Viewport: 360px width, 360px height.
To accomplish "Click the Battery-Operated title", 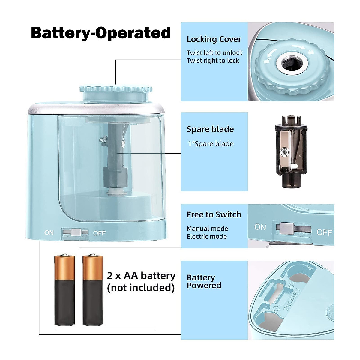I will click(x=101, y=33).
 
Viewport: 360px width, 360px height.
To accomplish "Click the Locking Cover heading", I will click(x=214, y=39).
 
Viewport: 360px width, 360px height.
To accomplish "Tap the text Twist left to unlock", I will click(x=214, y=53).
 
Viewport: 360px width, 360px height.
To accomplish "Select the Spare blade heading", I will click(x=210, y=129).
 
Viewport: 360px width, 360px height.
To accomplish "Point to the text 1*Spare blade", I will click(x=211, y=144).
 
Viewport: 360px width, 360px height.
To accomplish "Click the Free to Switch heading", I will click(x=214, y=215).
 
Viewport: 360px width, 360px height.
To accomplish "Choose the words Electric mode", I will click(x=207, y=237).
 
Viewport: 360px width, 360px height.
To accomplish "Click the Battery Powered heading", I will click(x=204, y=281).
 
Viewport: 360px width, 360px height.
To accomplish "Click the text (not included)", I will click(x=141, y=288).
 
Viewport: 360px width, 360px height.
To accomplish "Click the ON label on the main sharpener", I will click(x=49, y=233).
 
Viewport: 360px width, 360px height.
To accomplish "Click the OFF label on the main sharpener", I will click(x=99, y=233).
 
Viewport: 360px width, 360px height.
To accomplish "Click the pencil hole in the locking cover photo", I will click(x=290, y=63).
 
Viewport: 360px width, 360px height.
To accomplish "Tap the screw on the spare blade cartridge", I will click(x=283, y=153).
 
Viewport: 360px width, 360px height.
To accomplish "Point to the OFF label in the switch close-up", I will click(x=324, y=232).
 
